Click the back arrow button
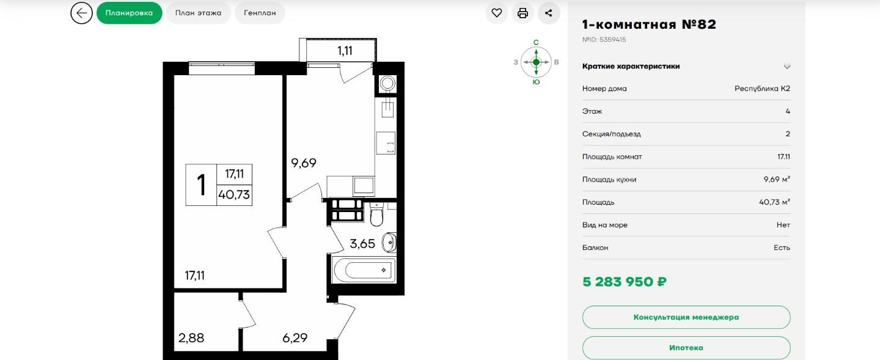(x=81, y=13)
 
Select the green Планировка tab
(x=130, y=13)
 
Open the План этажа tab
(x=198, y=13)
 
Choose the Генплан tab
(x=260, y=13)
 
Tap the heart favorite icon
(x=497, y=13)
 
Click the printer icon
(x=522, y=13)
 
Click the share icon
(x=548, y=13)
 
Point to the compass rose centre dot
(x=537, y=62)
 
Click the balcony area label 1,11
(x=345, y=51)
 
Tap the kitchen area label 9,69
(x=303, y=163)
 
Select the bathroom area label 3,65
(x=362, y=244)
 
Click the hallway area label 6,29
(x=295, y=337)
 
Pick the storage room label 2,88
(x=191, y=337)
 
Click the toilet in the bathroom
(x=376, y=215)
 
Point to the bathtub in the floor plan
(x=364, y=270)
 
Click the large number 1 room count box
(x=201, y=185)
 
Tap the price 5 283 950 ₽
(x=625, y=282)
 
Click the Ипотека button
(x=686, y=348)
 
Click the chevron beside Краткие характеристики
(x=787, y=67)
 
